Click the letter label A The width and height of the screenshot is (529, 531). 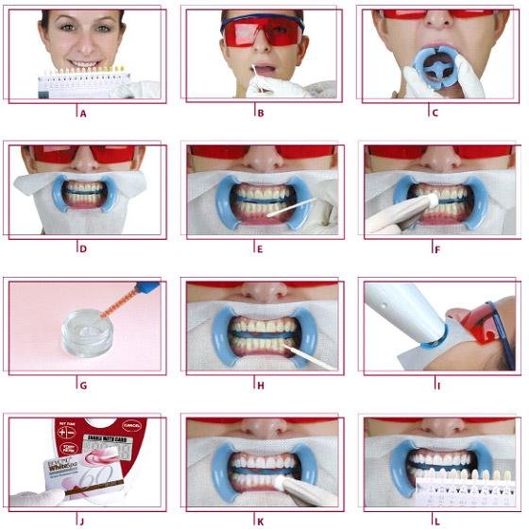coord(84,111)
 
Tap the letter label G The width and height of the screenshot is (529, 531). coord(84,385)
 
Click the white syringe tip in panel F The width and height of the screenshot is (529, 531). coord(430,202)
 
